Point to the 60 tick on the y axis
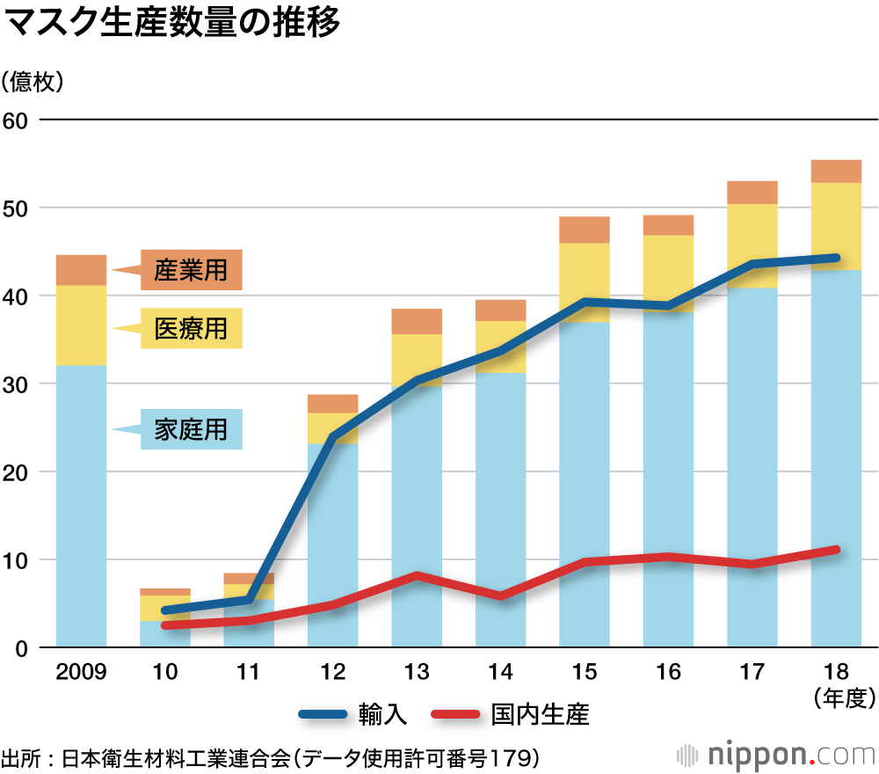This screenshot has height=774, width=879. pos(17,120)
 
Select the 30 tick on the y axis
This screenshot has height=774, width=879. pos(17,384)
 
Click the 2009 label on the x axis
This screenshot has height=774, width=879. pos(81,673)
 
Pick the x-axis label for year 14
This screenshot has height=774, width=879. pos(500,673)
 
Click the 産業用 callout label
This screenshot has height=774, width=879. pos(191,270)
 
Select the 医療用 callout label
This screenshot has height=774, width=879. pos(191,329)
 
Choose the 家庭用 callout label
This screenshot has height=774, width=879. pos(191,429)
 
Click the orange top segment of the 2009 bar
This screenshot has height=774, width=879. pos(81,270)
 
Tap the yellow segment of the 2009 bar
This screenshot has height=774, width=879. pos(81,325)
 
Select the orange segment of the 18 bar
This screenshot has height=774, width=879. pos(836,172)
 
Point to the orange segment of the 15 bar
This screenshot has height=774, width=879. pos(585,230)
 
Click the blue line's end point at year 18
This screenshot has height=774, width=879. pos(836,258)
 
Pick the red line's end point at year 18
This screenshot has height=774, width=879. pos(836,550)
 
